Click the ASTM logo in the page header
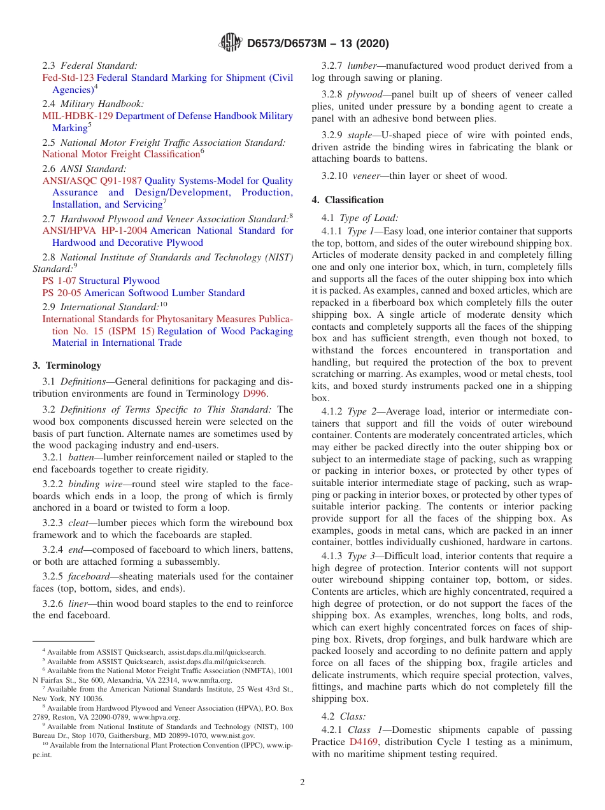[230, 43]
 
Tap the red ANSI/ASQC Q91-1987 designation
[92, 181]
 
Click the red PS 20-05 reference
[62, 293]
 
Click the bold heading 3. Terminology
[67, 366]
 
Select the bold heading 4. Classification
[348, 200]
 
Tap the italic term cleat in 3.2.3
[80, 523]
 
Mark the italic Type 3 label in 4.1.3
[362, 556]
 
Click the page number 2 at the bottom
[302, 783]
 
